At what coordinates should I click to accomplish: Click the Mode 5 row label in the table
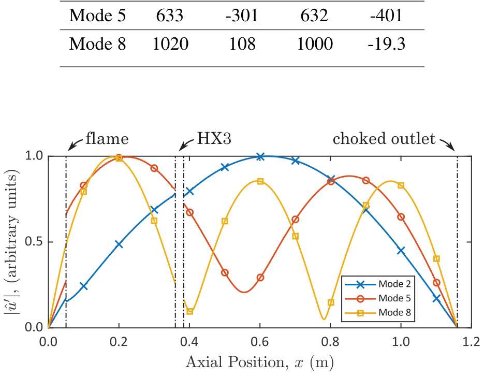(97, 16)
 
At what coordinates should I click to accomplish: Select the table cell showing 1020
(170, 45)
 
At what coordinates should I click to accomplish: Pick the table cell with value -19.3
(386, 45)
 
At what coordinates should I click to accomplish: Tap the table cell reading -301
(242, 16)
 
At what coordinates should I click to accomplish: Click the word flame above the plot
(107, 139)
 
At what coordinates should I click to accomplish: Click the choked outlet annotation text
(384, 139)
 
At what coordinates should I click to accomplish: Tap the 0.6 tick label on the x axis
(260, 342)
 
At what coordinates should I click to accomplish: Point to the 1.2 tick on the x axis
(471, 342)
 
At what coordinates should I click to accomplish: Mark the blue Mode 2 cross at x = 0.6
(260, 156)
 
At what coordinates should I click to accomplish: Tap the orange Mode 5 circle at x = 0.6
(260, 278)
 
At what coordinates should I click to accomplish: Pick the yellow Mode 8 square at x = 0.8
(331, 302)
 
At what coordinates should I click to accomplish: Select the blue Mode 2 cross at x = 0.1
(83, 286)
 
